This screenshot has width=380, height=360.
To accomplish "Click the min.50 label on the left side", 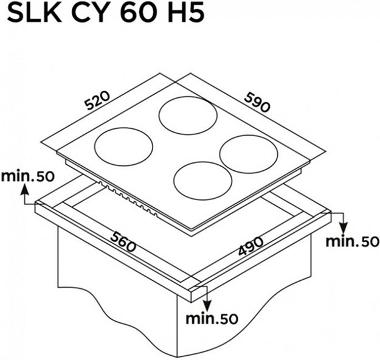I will (28, 177).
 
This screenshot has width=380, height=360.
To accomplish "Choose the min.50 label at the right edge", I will (352, 241).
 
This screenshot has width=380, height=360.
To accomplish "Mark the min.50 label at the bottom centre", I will (211, 317).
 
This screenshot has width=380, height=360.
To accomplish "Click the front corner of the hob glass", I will (190, 232).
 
